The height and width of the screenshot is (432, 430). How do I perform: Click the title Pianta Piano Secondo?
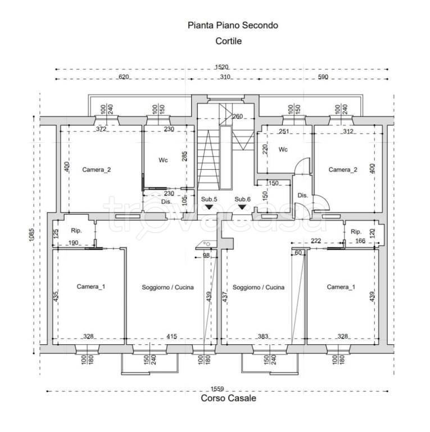coord(233,25)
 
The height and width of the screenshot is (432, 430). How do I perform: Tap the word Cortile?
coord(228,41)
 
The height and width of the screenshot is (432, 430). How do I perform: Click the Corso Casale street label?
coord(228,398)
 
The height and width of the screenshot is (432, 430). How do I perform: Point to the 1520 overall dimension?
coord(221,67)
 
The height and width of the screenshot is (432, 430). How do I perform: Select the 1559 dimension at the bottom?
coord(217,389)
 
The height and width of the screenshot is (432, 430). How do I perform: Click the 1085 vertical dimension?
coord(31,235)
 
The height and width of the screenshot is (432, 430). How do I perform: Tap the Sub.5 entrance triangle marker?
coord(209,206)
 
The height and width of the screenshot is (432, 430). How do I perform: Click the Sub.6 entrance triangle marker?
coord(242,206)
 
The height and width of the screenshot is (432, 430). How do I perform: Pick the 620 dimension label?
coord(124,77)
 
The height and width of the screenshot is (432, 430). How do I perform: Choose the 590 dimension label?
coord(323,77)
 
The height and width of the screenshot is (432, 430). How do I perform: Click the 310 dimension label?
coord(225,77)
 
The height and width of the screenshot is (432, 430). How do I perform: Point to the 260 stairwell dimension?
coord(238,116)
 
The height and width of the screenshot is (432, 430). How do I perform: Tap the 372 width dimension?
coord(101,129)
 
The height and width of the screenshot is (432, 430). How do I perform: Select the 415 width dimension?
coord(172,336)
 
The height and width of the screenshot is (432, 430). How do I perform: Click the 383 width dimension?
coord(263,336)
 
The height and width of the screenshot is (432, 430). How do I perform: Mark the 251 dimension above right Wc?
coord(284,132)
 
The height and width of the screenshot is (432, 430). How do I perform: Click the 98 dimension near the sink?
coord(206,255)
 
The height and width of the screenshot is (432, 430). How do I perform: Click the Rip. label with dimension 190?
coord(76,231)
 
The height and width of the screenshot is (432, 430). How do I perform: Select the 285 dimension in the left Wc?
coord(185,156)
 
